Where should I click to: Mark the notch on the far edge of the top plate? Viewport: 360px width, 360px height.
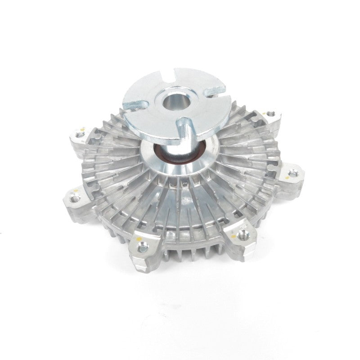[171, 72]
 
